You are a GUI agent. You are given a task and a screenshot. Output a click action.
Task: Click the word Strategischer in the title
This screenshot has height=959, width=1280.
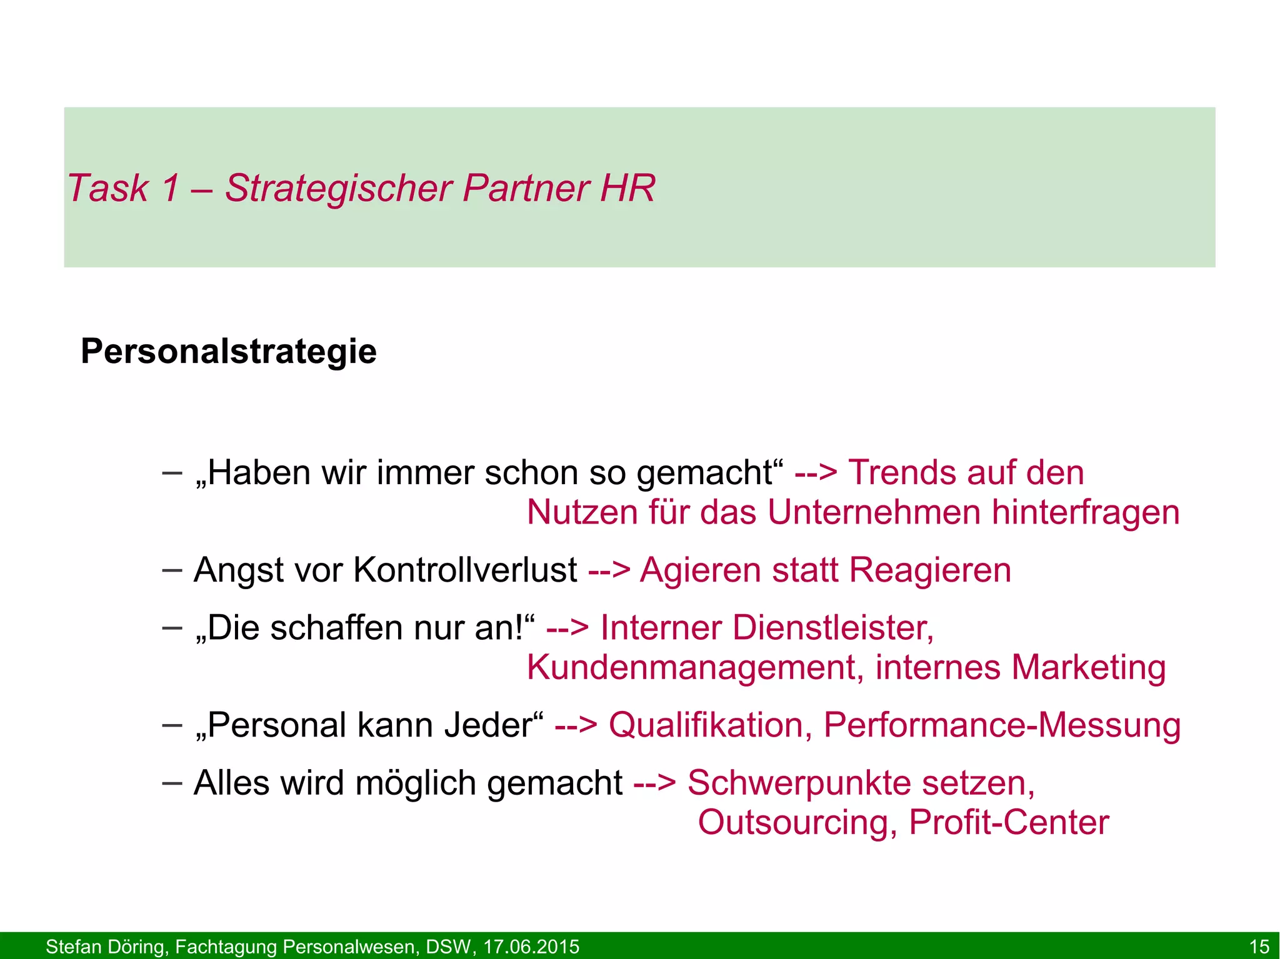point(338,188)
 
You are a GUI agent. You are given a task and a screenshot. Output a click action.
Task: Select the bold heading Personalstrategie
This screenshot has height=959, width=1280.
point(229,351)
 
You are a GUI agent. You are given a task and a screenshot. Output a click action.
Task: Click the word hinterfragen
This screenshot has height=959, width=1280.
point(1086,512)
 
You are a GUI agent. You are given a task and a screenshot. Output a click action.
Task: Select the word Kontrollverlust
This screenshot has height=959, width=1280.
point(465,570)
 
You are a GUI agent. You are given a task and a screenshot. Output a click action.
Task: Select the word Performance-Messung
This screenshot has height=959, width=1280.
point(1002,725)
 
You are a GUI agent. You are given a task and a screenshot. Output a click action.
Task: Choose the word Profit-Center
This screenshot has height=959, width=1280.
point(1009,822)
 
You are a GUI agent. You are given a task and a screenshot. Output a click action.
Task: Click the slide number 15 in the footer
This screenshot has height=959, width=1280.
point(1259,947)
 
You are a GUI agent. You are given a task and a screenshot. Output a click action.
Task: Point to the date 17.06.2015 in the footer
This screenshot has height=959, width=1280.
point(531,947)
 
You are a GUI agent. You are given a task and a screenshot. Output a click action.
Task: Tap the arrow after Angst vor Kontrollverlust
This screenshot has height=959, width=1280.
point(609,570)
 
